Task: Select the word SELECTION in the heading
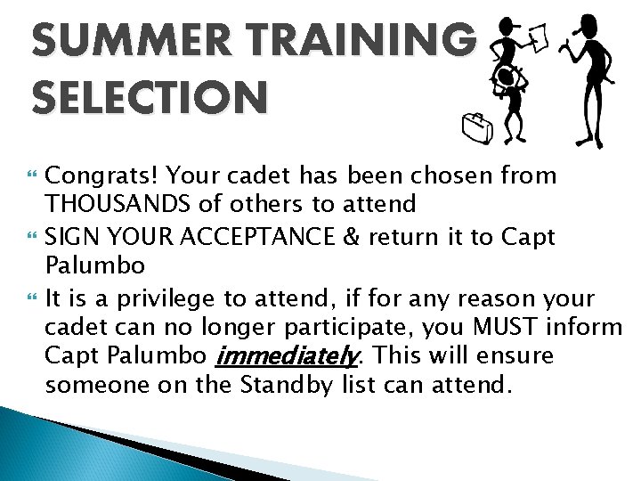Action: point(149,97)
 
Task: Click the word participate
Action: point(324,328)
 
